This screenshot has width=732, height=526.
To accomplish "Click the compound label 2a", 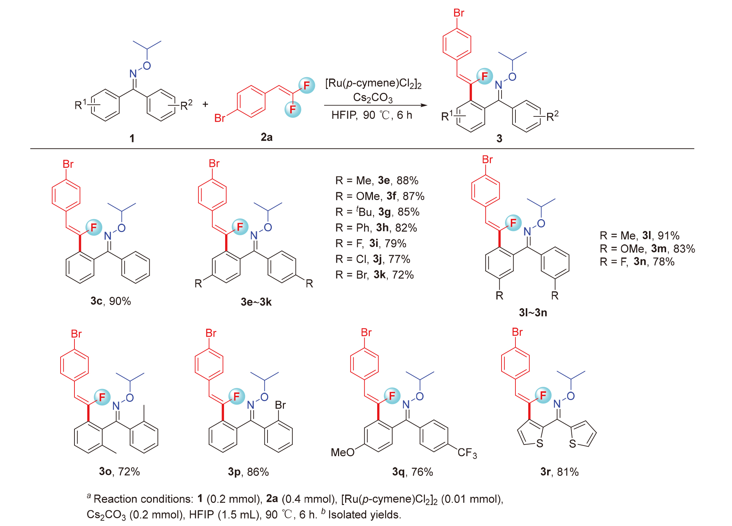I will click(x=266, y=137).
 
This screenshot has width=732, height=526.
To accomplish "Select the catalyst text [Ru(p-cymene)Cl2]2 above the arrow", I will click(x=373, y=83).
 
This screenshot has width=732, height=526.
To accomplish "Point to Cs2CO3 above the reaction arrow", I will click(x=373, y=98).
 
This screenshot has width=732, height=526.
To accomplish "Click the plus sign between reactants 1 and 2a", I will click(x=206, y=104).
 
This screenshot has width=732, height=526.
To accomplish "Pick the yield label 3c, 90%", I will click(x=111, y=301).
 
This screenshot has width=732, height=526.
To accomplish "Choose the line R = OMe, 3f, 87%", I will click(x=380, y=196).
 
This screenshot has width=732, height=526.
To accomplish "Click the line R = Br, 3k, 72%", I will click(x=374, y=275).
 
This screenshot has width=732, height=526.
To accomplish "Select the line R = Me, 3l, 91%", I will click(x=639, y=236).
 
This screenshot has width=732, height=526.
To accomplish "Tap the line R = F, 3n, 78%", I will click(x=637, y=262).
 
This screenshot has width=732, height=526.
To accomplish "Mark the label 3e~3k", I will click(x=256, y=302).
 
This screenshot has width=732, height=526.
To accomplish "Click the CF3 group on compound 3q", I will click(x=467, y=453).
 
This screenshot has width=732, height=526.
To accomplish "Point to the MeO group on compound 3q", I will click(x=342, y=452).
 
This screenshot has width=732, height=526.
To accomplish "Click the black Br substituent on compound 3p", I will click(x=280, y=405).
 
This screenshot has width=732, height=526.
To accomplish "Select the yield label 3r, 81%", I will click(x=559, y=472).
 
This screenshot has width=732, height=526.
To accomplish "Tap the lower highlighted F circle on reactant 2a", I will click(x=293, y=109).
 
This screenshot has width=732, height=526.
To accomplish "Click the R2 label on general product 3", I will click(x=552, y=116).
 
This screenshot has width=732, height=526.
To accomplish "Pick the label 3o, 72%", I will click(x=119, y=472).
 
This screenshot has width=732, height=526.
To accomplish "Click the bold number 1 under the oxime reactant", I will click(x=132, y=138).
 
